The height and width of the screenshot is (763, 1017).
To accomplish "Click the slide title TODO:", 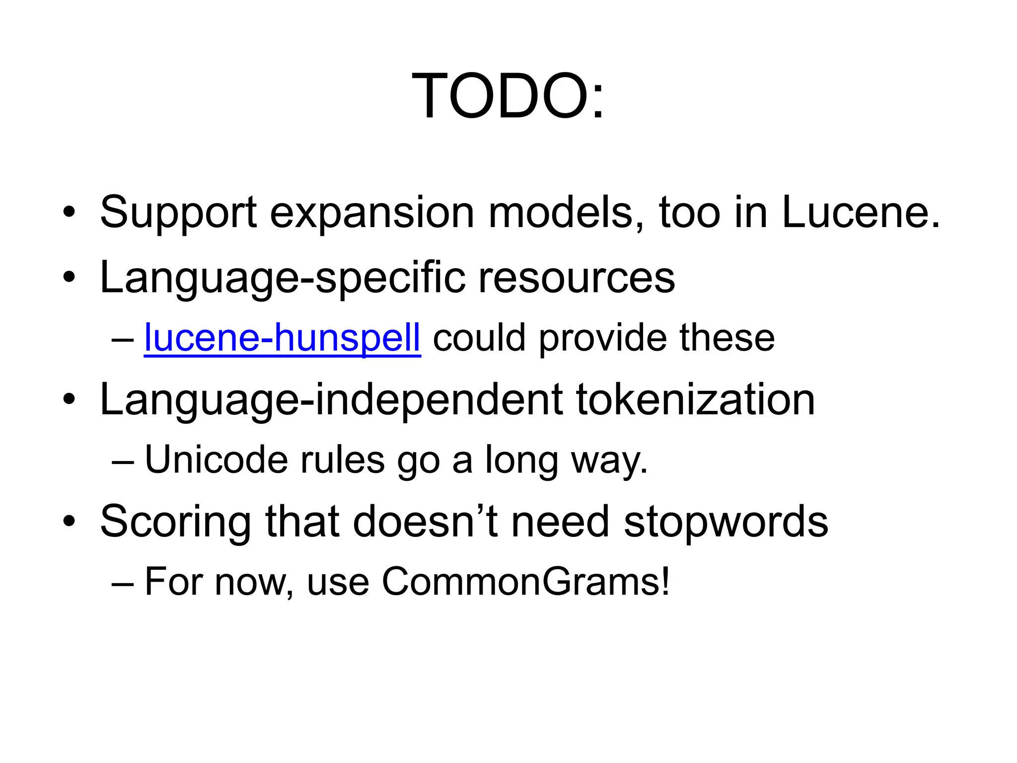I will coord(508,96).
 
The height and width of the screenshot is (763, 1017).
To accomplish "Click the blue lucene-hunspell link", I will coord(282,338).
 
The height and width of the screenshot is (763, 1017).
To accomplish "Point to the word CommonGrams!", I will coord(526,582).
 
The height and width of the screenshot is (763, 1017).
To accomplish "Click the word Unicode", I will coord(216,460).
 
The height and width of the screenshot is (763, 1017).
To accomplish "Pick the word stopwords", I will coord(726,523).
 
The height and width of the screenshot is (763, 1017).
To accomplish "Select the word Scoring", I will coord(176,523).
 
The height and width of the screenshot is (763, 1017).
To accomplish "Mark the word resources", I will coord(577,278).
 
